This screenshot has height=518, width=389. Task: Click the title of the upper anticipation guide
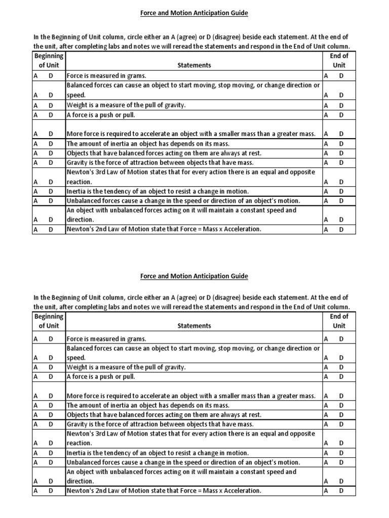point(194,13)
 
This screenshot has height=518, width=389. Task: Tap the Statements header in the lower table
point(194,326)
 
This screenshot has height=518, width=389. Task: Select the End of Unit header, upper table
point(339,61)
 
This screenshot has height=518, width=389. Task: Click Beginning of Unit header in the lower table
point(49,321)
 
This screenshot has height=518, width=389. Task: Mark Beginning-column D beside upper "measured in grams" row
point(51,76)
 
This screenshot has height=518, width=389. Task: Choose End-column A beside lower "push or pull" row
point(326,376)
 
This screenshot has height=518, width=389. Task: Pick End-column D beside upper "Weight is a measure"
point(341,105)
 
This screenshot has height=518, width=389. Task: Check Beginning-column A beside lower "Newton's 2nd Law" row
point(35,491)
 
